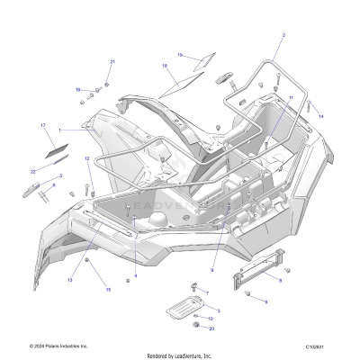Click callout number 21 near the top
point(112,61)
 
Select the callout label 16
point(78,89)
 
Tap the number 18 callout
point(165,66)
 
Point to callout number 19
point(179,55)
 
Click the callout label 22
point(33,170)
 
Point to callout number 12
point(87,159)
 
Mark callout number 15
point(109,290)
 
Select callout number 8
point(279,281)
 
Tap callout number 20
point(211,328)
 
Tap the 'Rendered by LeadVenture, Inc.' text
point(179,355)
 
